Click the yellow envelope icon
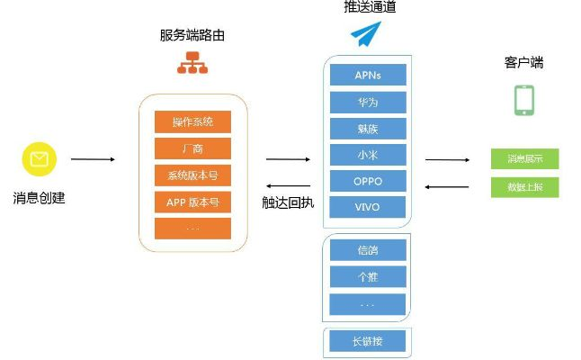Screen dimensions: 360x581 pos(39,160)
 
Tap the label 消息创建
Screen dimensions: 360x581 pos(39,198)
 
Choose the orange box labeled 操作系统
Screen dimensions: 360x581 pos(192,122)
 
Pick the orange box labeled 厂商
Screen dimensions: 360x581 pos(192,148)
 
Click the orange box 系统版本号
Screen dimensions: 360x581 pos(192,175)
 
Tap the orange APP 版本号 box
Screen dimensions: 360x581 pos(192,201)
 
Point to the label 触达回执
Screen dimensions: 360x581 pos(288,202)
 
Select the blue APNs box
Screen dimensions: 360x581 pos(368,75)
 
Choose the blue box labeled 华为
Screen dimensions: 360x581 pos(368,102)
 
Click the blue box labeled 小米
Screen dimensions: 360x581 pos(368,155)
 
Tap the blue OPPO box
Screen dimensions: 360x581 pos(368,181)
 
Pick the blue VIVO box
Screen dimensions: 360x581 pos(368,207)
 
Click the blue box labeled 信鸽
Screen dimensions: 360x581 pos(368,249)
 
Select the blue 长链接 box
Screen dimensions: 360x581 pos(368,341)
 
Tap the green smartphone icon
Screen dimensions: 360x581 pos(524,101)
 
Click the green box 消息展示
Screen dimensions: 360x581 pos(524,159)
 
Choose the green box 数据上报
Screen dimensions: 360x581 pos(524,187)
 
